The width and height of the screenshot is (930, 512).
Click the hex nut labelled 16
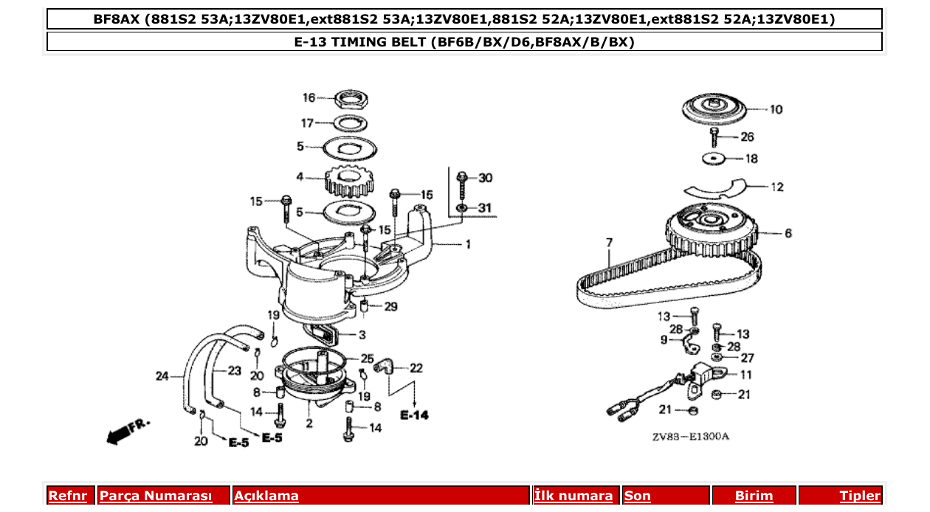pyautogui.click(x=352, y=98)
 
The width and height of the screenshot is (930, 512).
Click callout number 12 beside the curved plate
pyautogui.click(x=777, y=187)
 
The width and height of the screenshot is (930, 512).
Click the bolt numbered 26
pyautogui.click(x=715, y=137)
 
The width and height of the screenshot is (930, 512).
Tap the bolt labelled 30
pyautogui.click(x=462, y=184)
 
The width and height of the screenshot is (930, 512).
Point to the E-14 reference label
pyautogui.click(x=414, y=416)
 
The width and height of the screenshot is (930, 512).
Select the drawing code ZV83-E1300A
pyautogui.click(x=690, y=437)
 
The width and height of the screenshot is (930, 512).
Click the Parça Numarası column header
pyautogui.click(x=156, y=496)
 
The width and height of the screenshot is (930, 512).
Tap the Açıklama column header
pyautogui.click(x=266, y=496)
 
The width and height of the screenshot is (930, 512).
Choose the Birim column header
pyautogui.click(x=754, y=496)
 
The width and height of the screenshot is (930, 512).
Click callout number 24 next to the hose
pyautogui.click(x=162, y=376)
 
